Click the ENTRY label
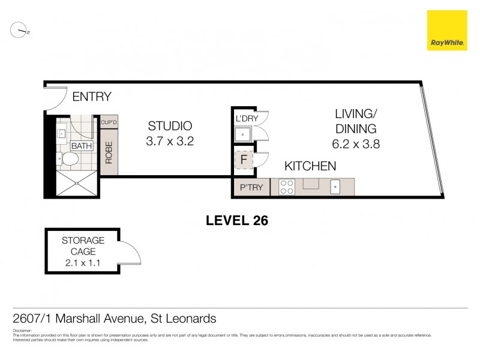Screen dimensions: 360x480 [92, 97]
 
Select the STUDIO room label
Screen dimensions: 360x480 [170, 126]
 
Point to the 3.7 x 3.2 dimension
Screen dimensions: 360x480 [170, 142]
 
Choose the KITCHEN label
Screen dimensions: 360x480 [310, 166]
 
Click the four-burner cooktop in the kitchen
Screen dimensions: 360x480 [287, 187]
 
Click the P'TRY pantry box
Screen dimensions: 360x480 [251, 187]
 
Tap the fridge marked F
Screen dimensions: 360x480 [244, 160]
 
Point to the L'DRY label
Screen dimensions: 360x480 [246, 119]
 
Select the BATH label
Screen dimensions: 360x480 [81, 146]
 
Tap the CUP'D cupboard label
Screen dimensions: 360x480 [109, 122]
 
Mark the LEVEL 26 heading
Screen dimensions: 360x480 [236, 220]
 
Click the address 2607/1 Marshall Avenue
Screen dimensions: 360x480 [115, 319]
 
